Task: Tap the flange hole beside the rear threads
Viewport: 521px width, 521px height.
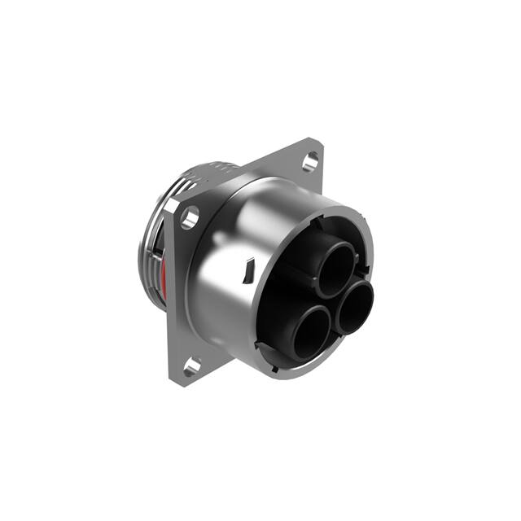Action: [190, 217]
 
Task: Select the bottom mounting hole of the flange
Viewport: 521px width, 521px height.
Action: [192, 367]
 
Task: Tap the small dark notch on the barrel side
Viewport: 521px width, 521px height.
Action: [250, 266]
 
